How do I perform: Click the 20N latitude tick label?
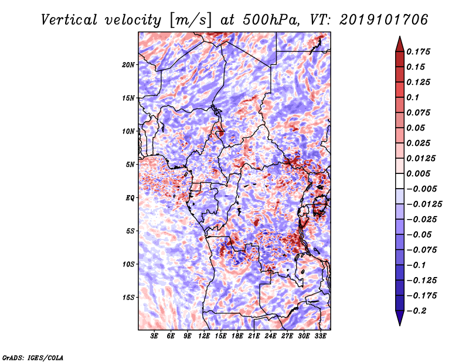point(128,65)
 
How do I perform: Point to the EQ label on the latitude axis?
point(130,198)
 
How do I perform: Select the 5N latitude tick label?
point(130,165)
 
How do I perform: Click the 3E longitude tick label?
point(154,336)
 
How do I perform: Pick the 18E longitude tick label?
point(237,336)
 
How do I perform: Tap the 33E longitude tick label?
point(320,336)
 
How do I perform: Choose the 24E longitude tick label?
point(270,336)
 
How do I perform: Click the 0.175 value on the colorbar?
point(418,52)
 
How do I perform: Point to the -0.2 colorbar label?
point(416,311)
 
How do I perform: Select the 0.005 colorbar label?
point(418,173)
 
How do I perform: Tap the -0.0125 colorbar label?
point(424,204)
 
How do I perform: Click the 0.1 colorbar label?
point(413,97)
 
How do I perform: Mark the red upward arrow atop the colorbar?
point(400,45)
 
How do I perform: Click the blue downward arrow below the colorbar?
point(400,318)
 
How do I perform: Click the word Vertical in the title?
point(69,20)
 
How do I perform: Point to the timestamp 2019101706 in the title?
point(384,20)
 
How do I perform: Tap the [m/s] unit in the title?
point(190,21)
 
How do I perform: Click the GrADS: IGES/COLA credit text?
point(33,358)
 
